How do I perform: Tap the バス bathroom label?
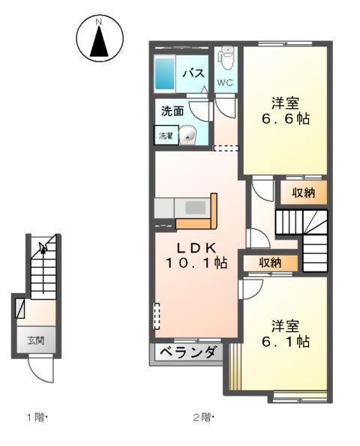click(195, 73)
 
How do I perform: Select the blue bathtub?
click(166, 73)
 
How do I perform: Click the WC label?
click(226, 82)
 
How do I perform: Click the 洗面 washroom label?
click(172, 111)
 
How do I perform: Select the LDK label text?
click(196, 247)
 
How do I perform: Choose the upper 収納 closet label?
click(303, 193)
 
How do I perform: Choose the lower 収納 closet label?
click(271, 262)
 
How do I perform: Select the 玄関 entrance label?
click(36, 340)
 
